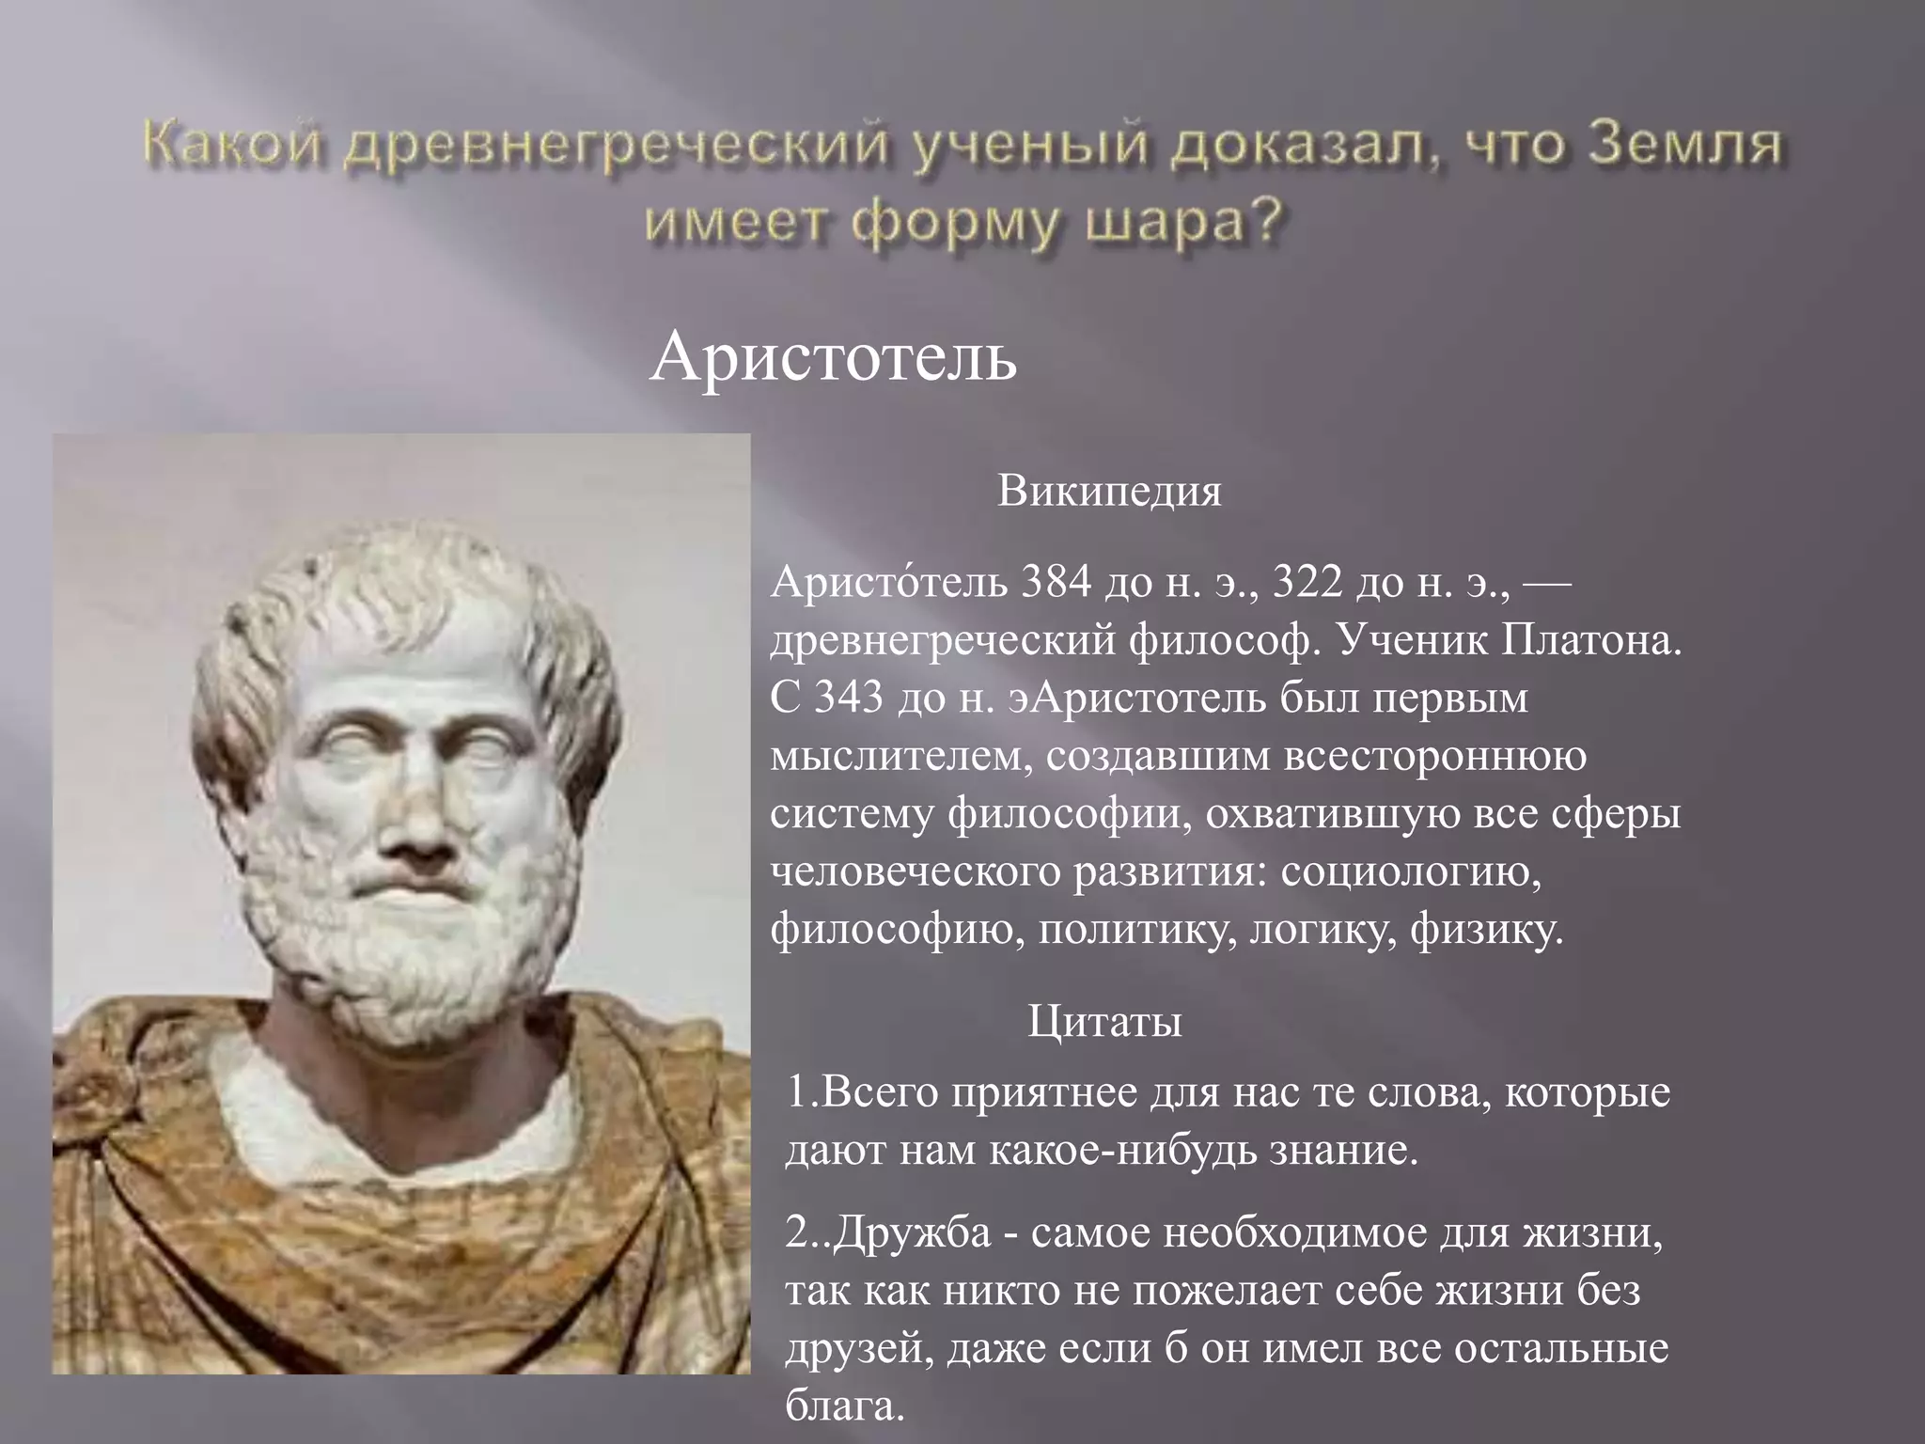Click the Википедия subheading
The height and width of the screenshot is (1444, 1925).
(1109, 492)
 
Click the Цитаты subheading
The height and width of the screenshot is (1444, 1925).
(1104, 1021)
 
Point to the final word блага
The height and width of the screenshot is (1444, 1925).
(845, 1406)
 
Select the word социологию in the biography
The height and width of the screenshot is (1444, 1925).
(1410, 873)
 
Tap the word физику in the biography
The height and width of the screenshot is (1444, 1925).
(1487, 931)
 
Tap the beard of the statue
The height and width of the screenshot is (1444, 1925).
(414, 950)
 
